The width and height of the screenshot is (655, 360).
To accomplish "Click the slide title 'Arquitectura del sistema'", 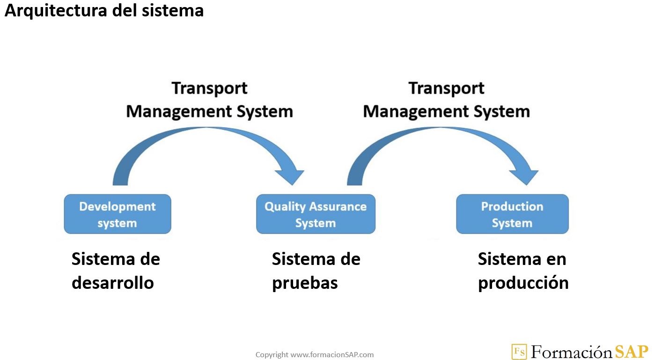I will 104,11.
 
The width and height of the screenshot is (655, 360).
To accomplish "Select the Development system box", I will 118,214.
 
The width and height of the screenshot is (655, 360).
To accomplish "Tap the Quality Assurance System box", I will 316,214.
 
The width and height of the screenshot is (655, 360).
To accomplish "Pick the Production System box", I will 512,214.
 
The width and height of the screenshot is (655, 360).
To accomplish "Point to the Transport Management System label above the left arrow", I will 209,100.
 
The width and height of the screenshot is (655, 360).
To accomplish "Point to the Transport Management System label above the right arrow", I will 446,100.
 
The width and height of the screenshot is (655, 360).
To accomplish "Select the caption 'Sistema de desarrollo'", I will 115,271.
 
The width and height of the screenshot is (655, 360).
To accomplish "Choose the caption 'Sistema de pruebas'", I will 316,271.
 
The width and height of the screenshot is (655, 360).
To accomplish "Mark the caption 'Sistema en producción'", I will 523,271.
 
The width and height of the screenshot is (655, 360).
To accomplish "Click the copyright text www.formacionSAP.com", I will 315,355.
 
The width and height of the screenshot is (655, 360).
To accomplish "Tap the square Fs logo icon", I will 519,352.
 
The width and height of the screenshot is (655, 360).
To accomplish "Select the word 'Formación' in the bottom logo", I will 571,352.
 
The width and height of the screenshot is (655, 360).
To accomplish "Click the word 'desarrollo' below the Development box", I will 112,283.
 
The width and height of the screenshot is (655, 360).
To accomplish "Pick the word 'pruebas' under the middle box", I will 305,283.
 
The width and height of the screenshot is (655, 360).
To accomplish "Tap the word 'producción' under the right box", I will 523,283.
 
